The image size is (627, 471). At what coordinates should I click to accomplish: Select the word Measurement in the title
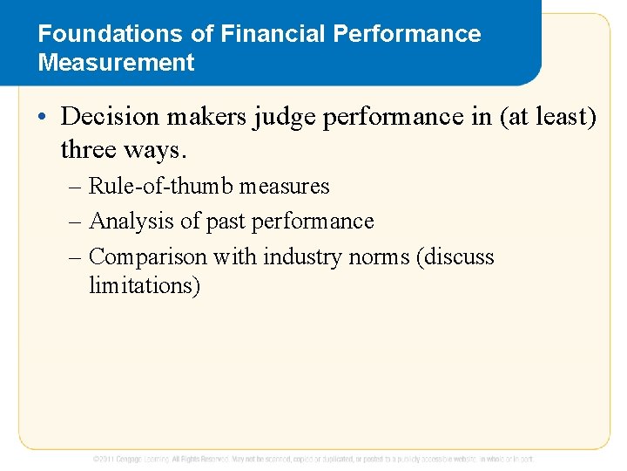pos(116,63)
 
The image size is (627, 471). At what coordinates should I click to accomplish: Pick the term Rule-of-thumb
pos(162,187)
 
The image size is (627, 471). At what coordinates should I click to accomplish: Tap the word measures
pos(285,187)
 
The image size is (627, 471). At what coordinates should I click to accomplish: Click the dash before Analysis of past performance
pos(76,222)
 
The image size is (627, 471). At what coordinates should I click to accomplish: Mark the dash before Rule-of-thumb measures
pos(76,187)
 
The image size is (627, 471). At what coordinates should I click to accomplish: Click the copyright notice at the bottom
pos(313,459)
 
